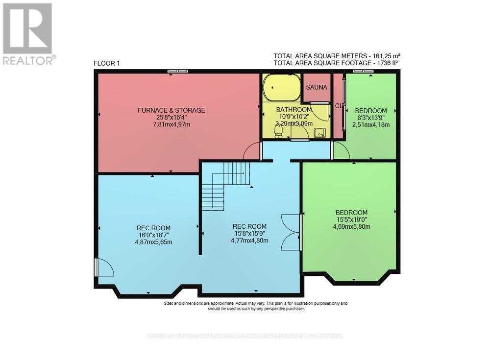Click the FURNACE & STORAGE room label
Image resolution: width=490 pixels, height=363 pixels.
pyautogui.click(x=171, y=110)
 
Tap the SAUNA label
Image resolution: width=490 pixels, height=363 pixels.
pyautogui.click(x=316, y=87)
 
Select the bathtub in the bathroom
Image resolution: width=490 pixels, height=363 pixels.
pyautogui.click(x=281, y=88)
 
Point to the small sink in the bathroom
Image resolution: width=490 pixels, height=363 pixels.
pyautogui.click(x=319, y=132)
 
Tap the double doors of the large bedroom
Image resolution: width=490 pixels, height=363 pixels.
pyautogui.click(x=291, y=232)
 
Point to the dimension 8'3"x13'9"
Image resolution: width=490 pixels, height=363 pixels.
pyautogui.click(x=370, y=118)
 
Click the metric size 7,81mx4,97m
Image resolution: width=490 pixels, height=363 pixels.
pyautogui.click(x=171, y=124)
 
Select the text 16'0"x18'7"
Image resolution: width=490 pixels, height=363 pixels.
pyautogui.click(x=153, y=235)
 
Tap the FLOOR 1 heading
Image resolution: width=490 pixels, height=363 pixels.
pyautogui.click(x=106, y=64)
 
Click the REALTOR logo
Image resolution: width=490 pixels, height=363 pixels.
pyautogui.click(x=28, y=34)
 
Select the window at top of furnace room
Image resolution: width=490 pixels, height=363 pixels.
pyautogui.click(x=177, y=72)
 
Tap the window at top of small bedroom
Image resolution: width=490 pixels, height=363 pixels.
pyautogui.click(x=363, y=72)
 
